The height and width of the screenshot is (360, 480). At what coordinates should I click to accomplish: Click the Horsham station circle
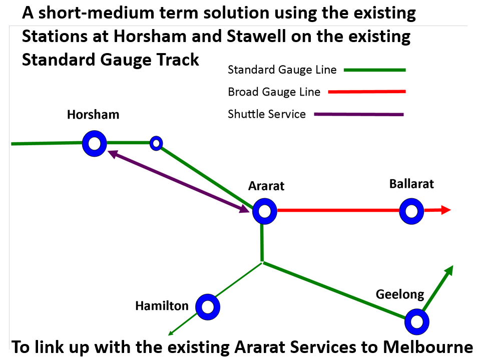pos(95,144)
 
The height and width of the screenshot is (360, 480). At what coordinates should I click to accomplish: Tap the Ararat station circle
pos(264,211)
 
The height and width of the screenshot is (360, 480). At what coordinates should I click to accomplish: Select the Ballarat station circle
pos(412,211)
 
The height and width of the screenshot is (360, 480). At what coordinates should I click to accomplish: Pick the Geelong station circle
pos(417,321)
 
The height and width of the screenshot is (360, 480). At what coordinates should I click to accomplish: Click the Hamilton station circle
pos(207,307)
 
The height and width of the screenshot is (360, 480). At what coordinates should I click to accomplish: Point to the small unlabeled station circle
pos(156,144)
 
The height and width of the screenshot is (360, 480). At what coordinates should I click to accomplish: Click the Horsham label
pos(93,115)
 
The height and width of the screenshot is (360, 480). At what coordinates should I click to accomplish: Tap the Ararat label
pos(266,186)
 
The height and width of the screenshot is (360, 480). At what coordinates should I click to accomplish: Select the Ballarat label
pos(411,184)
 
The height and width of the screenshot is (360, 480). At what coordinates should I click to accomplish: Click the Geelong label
pos(400,294)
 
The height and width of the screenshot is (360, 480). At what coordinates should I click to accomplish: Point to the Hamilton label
pos(162,306)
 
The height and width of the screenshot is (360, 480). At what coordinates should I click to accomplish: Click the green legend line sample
pos(374,70)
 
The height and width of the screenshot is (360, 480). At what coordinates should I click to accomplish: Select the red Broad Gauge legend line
pos(366,92)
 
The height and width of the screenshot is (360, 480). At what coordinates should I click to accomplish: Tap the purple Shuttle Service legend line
pos(359,115)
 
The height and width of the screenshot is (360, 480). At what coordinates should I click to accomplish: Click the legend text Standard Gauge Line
pos(282,70)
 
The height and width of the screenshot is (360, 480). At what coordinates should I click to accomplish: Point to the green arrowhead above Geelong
pos(449,271)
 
